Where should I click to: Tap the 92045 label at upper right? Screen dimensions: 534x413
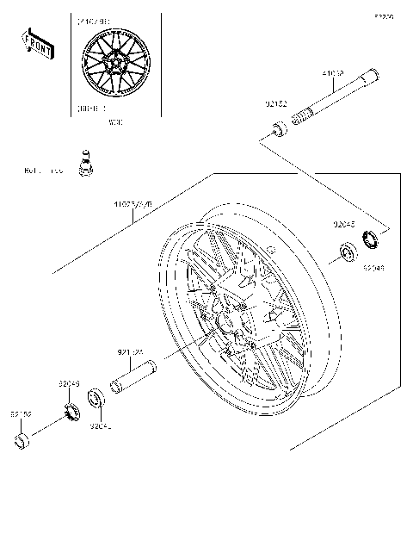click(345, 224)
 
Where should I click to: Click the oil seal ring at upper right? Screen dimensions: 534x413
click(373, 237)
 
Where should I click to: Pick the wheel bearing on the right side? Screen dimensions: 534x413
click(348, 253)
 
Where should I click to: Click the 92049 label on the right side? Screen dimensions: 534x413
click(373, 269)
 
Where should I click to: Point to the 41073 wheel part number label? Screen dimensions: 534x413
click(133, 205)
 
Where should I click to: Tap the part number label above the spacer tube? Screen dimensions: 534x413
click(131, 351)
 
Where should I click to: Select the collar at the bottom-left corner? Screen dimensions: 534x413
click(22, 443)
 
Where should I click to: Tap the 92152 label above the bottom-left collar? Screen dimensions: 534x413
click(21, 414)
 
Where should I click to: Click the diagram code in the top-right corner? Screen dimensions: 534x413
click(383, 16)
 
